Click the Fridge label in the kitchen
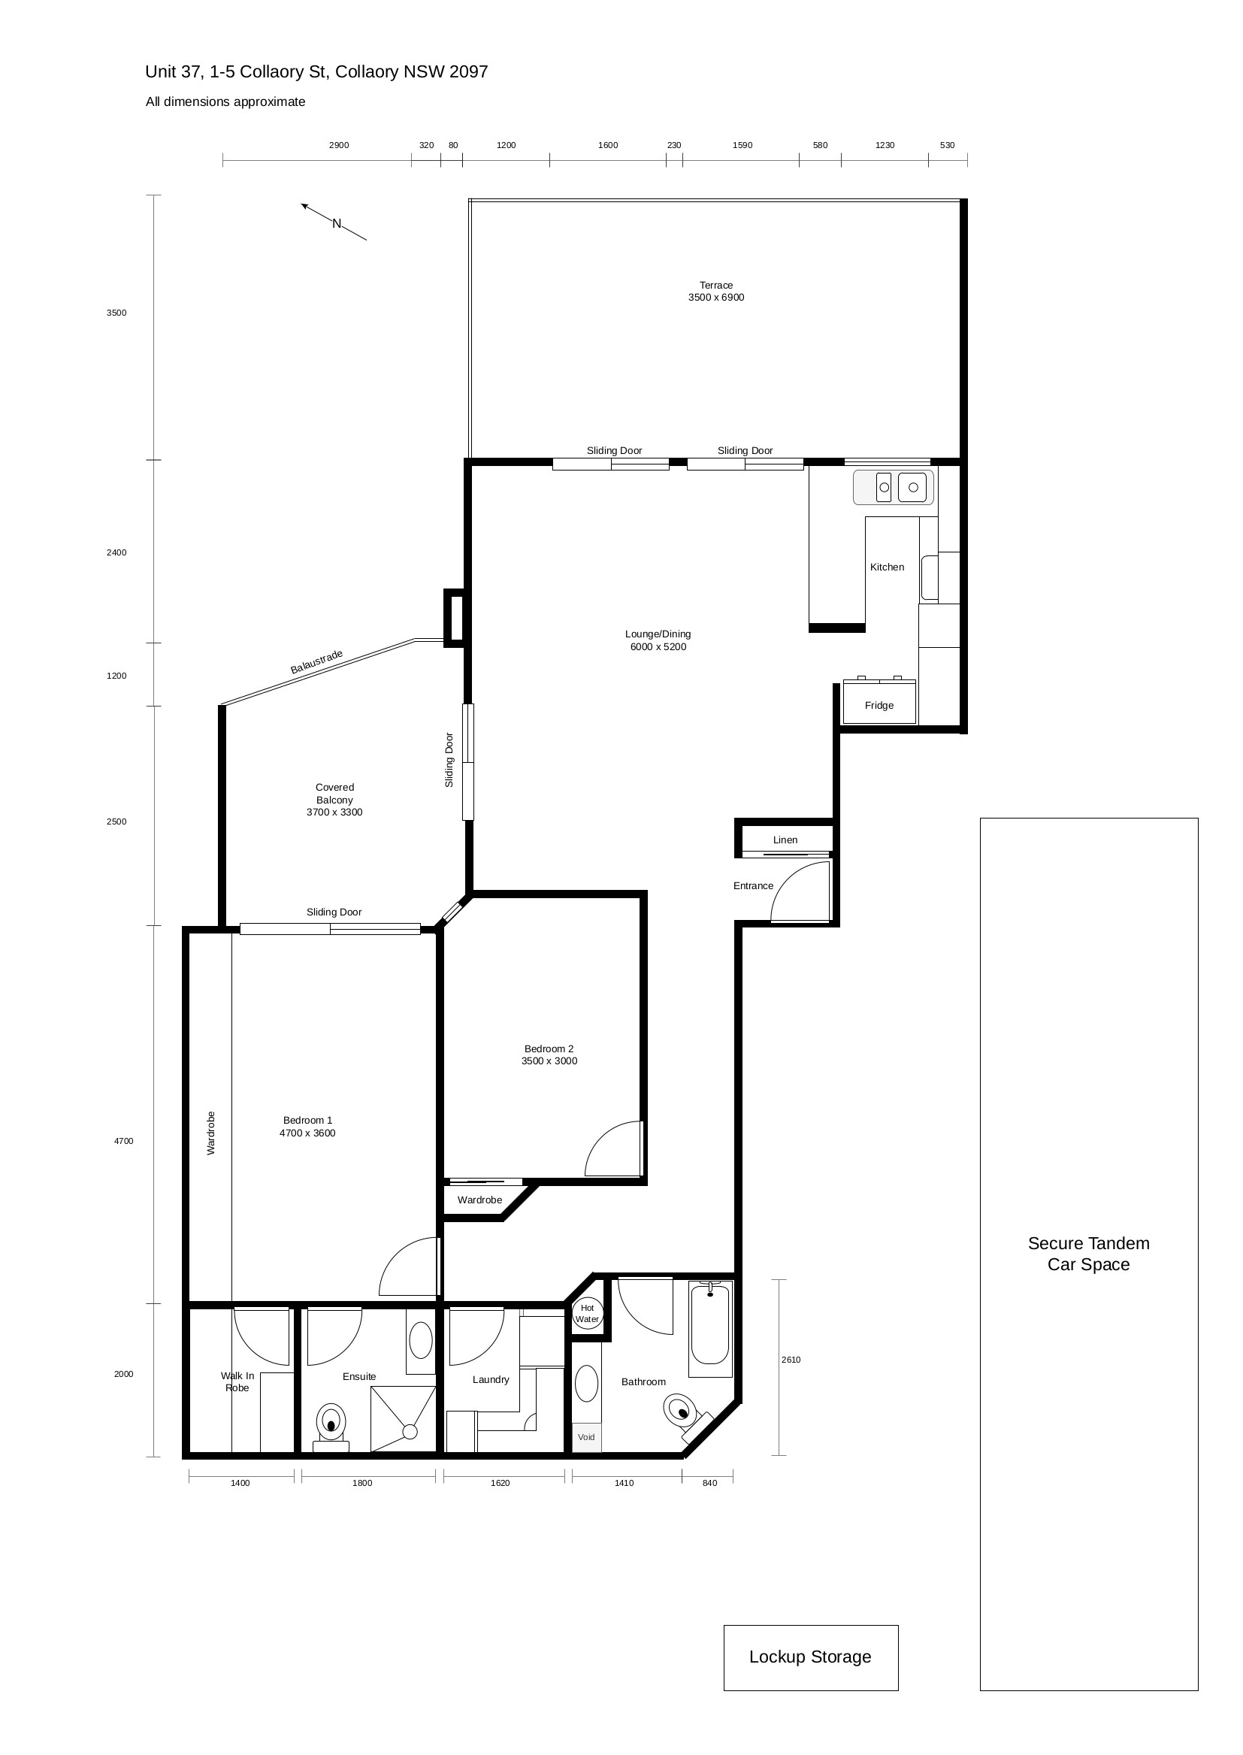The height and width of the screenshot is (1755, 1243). coord(879,705)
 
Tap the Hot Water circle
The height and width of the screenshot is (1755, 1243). coord(587,1313)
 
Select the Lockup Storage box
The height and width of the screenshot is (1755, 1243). coord(811,1657)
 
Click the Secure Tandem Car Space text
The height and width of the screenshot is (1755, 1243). coord(1088,1254)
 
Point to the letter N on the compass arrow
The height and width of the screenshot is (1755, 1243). coord(336,223)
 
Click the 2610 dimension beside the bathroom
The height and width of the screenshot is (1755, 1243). coord(791,1360)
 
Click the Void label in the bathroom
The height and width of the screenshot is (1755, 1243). coord(586,1436)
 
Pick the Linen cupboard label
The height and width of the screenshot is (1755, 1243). coord(785,840)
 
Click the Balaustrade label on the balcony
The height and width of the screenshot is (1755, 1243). coord(316,662)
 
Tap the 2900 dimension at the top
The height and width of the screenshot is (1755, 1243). coord(339,144)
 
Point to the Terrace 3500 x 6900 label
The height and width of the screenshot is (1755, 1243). coord(715,291)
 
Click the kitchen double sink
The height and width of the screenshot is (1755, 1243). coord(894,487)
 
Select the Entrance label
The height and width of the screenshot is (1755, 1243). coord(753,885)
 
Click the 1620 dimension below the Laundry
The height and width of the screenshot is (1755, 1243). coord(500,1482)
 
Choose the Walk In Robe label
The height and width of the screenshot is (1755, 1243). coord(237,1381)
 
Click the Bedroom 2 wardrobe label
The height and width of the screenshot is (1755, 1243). coord(480,1200)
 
